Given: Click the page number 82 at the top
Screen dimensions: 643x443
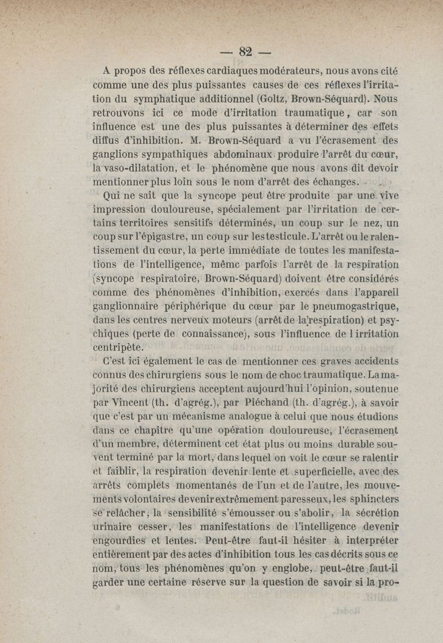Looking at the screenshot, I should coord(246,51).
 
